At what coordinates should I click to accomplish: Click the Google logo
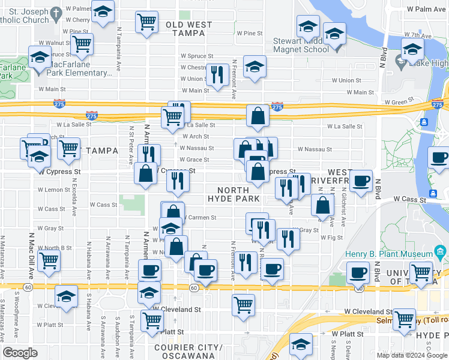[x=20, y=353]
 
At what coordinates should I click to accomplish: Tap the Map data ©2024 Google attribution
[x=412, y=355]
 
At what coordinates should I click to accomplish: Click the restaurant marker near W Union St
[x=217, y=74]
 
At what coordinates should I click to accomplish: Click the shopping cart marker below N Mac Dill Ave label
[x=49, y=260]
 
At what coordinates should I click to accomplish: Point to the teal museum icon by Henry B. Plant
[x=439, y=250]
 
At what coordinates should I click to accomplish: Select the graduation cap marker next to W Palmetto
[x=103, y=12]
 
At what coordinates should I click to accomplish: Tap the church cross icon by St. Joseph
[x=56, y=13]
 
